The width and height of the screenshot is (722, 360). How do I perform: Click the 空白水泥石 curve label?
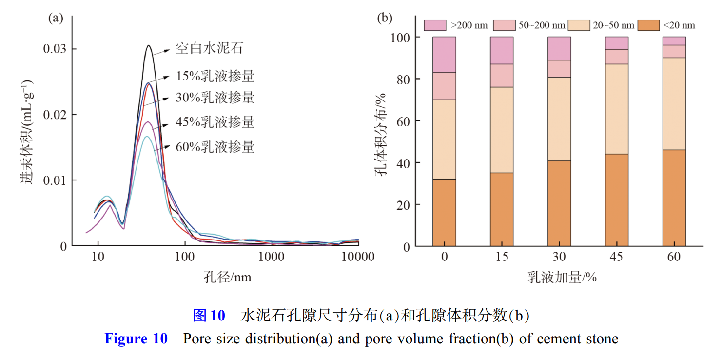tap(210, 49)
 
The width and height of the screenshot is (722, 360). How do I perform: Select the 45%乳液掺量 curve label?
tap(215, 121)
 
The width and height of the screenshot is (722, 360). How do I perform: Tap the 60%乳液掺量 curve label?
tap(215, 146)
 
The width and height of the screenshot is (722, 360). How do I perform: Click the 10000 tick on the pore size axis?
tap(359, 258)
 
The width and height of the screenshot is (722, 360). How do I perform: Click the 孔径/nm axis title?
tap(228, 277)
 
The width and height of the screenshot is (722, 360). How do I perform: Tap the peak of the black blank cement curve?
tap(149, 46)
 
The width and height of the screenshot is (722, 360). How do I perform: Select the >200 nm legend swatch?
tap(435, 25)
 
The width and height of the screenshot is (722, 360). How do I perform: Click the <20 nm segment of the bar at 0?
tap(444, 213)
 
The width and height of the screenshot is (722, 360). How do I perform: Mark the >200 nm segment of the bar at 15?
tap(502, 50)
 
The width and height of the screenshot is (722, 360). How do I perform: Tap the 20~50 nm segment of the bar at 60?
tap(674, 103)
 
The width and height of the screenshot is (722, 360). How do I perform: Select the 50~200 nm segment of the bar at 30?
tap(559, 69)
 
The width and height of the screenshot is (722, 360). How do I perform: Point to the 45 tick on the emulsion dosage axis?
tap(617, 258)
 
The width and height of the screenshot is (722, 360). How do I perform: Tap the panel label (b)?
tap(385, 19)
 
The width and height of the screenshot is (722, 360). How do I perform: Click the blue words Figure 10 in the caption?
tap(136, 339)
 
